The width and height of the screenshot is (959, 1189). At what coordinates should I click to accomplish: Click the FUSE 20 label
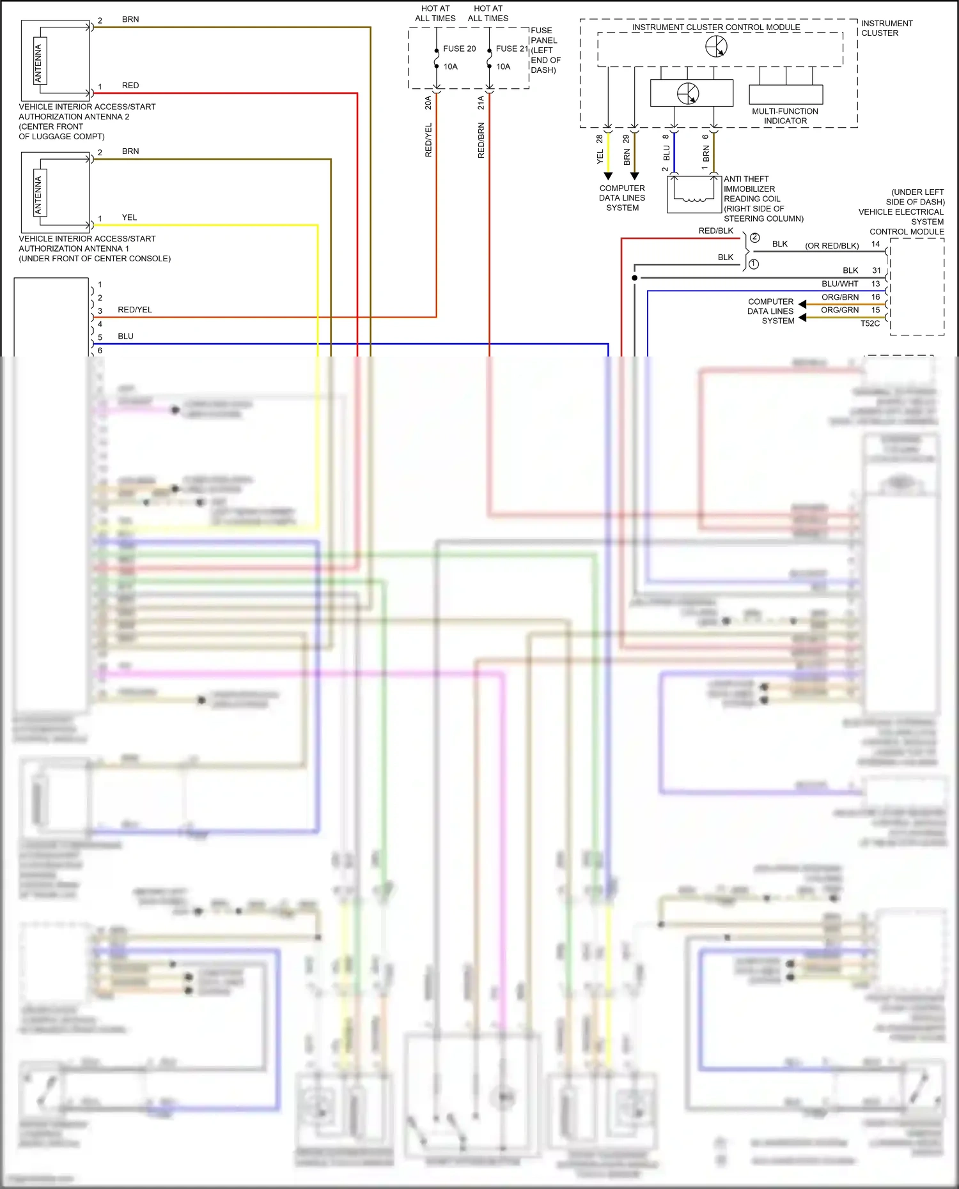tap(459, 49)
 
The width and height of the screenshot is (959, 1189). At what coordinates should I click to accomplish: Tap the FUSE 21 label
tap(511, 49)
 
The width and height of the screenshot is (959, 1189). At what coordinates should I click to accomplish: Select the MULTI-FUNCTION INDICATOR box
tap(785, 95)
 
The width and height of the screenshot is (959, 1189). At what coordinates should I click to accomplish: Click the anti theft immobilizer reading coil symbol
tap(694, 194)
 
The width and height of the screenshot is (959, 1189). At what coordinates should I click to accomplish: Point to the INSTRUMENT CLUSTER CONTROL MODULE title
tap(716, 27)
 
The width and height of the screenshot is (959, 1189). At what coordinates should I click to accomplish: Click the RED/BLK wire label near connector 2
tap(716, 231)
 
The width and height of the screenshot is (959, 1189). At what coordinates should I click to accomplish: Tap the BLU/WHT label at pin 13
tap(839, 284)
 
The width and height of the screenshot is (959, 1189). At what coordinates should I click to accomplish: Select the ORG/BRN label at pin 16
tap(839, 297)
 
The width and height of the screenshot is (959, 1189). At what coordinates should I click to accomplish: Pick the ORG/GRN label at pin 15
tap(839, 310)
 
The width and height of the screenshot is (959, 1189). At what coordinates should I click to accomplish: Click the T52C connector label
tap(869, 323)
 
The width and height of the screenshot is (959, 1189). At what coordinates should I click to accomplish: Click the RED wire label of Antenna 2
tap(130, 86)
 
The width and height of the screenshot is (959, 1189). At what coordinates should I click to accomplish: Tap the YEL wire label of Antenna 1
tap(129, 217)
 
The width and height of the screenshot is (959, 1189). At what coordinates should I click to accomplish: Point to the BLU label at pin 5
tap(125, 336)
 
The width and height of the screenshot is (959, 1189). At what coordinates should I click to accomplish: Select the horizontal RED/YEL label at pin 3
tap(135, 310)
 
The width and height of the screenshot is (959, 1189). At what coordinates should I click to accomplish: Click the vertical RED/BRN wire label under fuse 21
tap(481, 141)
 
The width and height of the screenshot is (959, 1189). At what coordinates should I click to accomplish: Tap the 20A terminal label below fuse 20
tap(428, 102)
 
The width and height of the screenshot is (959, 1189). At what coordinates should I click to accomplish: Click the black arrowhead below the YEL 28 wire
tap(608, 176)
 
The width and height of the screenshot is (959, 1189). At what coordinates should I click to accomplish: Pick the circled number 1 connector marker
tap(754, 264)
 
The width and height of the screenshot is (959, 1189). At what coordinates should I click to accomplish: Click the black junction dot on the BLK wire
tap(634, 278)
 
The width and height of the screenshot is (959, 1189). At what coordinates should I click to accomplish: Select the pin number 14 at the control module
tap(875, 244)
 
